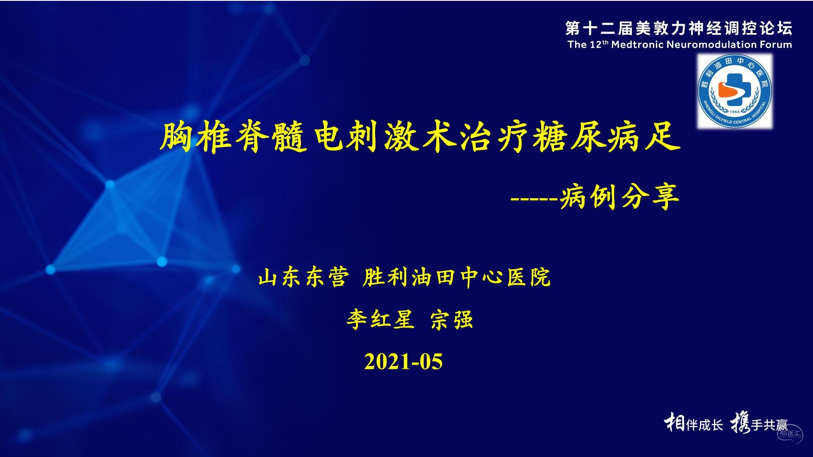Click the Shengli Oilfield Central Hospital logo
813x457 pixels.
coord(735,91)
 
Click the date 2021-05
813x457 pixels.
coord(403,362)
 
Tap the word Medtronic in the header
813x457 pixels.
coord(638,44)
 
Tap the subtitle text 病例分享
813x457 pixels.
coord(619,197)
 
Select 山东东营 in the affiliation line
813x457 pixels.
coord(303,278)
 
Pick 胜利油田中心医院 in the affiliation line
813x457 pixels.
coord(456,278)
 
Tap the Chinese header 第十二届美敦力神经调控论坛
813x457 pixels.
coord(679,28)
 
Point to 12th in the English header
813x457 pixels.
coord(599,44)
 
